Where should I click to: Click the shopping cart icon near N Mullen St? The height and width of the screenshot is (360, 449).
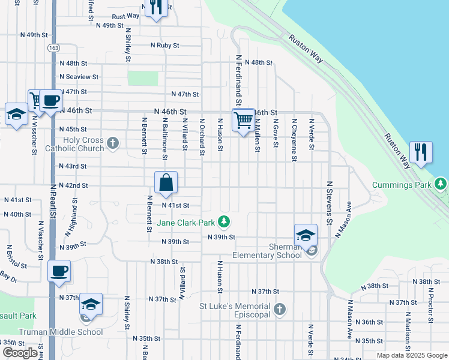tap(243, 120)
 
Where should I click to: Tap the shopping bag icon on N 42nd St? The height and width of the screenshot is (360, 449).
tap(166, 183)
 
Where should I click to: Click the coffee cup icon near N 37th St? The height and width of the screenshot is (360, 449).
tap(59, 271)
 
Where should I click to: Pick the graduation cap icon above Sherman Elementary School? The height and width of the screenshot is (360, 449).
tap(306, 235)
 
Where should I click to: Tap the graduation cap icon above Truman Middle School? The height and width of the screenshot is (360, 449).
tap(91, 304)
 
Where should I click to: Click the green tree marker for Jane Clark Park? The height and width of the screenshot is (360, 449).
tap(224, 223)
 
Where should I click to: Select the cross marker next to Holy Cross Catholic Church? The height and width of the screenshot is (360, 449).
tap(113, 143)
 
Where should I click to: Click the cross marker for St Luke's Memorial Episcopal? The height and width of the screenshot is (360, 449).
tap(279, 310)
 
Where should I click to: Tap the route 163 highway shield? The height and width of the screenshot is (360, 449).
tap(54, 47)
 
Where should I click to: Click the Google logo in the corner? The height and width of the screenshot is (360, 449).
tap(20, 353)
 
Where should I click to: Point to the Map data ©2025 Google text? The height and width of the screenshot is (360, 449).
tap(412, 355)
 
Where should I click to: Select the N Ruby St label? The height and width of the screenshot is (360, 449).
tap(164, 45)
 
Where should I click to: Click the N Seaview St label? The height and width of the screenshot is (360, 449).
tap(79, 77)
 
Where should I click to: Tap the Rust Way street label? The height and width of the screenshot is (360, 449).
tap(125, 16)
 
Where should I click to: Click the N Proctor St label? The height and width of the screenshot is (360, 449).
tap(430, 306)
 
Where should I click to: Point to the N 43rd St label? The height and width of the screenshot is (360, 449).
tap(73, 166)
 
